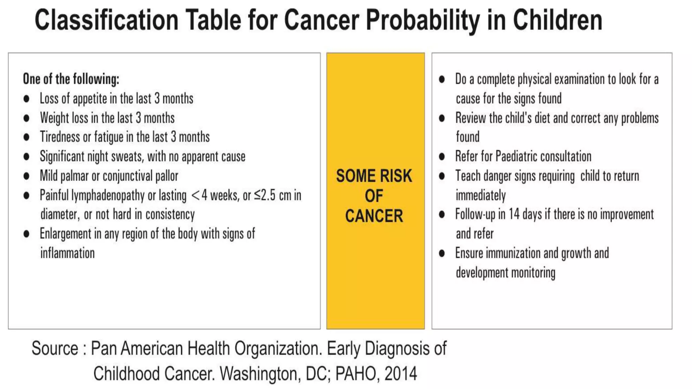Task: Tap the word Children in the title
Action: click(x=558, y=20)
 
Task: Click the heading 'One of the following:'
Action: click(x=71, y=79)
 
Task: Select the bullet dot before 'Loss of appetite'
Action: click(x=26, y=99)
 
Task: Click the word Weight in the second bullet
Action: click(x=53, y=118)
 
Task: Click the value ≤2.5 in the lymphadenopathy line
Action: click(x=265, y=196)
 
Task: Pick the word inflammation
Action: click(x=68, y=253)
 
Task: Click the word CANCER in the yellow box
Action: click(x=374, y=216)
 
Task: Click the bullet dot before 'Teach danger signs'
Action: click(x=442, y=176)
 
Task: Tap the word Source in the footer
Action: click(x=55, y=348)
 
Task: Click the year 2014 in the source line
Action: click(x=401, y=374)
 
